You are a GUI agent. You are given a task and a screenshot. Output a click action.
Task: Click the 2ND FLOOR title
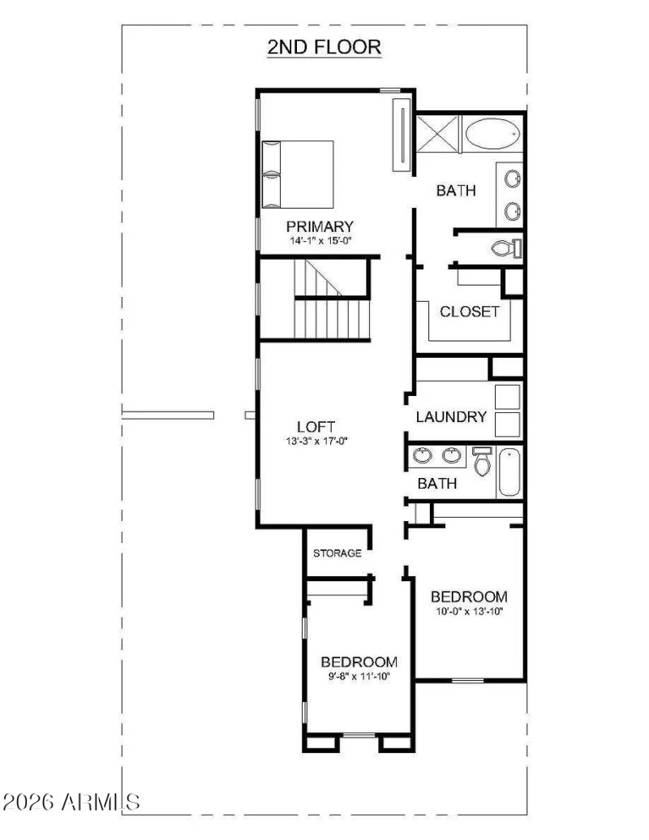pos(324,47)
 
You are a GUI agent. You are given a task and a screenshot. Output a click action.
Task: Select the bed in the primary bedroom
pos(298,173)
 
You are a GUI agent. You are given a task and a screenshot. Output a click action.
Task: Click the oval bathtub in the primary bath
pos(494,132)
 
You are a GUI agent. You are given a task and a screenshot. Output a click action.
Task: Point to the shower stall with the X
pos(437,133)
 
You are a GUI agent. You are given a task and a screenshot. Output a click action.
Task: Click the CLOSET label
pos(470,312)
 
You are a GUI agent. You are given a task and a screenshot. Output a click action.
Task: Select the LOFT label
pos(316,427)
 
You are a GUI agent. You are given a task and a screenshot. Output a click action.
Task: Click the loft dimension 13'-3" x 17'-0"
pos(316,442)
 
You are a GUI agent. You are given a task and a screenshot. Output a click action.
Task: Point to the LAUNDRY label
pos(451,417)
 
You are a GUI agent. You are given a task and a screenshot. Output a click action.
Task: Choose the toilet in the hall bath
pos(481,460)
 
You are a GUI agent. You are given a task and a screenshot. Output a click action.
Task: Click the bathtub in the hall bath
pos(509,472)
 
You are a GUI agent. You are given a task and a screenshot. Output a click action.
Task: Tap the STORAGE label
pos(337,554)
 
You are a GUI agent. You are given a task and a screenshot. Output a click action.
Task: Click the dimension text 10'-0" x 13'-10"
pos(469,612)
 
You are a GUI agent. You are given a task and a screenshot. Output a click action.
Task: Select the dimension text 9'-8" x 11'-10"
pos(359,675)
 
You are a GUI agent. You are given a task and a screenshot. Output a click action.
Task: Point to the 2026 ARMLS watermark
pos(71,803)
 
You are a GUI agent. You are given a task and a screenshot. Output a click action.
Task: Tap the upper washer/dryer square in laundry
pos(507,396)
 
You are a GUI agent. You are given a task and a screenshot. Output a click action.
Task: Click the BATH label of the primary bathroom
pos(456,191)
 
